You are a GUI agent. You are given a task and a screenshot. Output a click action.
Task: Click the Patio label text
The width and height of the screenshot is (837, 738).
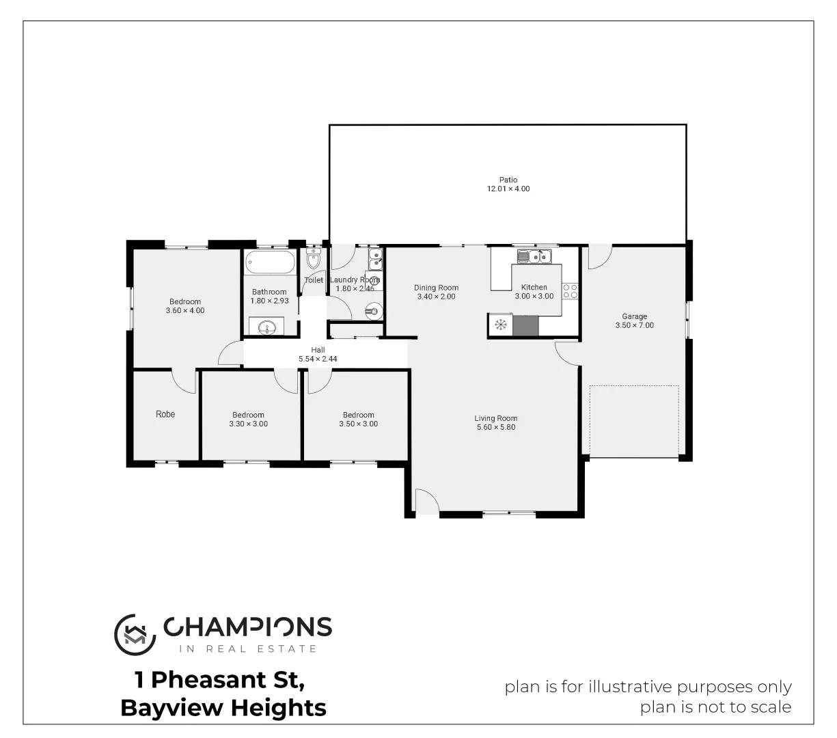tap(508, 180)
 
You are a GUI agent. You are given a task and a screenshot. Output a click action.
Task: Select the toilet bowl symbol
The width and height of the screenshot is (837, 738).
tap(314, 260)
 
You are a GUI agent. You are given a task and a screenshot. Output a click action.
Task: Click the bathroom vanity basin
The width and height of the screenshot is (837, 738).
tap(267, 327)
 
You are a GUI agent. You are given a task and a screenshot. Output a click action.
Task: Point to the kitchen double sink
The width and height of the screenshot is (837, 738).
tap(534, 256)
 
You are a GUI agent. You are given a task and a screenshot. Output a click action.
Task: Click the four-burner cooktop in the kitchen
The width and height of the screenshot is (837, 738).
tap(570, 291)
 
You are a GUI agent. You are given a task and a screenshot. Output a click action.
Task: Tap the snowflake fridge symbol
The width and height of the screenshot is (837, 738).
tap(500, 325)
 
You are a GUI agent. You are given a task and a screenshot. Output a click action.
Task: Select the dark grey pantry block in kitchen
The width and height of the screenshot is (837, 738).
tap(525, 325)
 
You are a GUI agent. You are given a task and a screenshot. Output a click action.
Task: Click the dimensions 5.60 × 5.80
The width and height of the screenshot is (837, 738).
tap(495, 428)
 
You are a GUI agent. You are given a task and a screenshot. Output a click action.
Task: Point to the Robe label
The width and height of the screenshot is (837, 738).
tap(165, 414)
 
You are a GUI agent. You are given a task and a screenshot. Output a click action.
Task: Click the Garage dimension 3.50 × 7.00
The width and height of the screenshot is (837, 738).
tap(634, 326)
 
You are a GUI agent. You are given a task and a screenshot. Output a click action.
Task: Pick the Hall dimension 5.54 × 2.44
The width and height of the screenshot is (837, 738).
tap(318, 359)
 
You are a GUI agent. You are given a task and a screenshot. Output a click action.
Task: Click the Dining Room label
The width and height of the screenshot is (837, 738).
tap(436, 288)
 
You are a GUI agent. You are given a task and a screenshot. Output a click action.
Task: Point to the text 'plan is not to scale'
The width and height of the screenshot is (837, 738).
tap(715, 707)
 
